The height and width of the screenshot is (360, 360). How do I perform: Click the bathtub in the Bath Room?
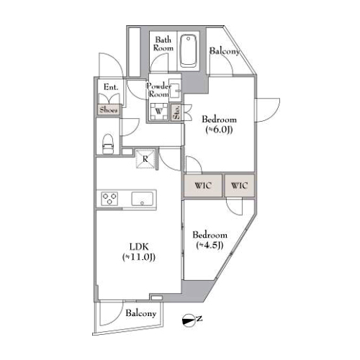coord(189,51)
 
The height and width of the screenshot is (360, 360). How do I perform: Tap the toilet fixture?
coord(108,144)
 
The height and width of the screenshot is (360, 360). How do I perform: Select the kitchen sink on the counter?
coord(142,199)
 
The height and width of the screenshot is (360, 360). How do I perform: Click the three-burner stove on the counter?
coord(109,199)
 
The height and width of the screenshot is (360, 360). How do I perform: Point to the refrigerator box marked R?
coord(145,159)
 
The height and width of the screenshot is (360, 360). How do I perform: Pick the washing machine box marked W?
coord(158,112)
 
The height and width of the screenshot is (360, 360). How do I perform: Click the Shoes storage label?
coord(109,110)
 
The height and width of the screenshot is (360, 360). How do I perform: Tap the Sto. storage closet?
coord(177,112)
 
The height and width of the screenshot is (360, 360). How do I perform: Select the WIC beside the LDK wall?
coord(203,185)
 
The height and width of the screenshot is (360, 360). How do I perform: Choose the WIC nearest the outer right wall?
coord(239,185)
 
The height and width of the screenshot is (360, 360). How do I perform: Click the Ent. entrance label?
coord(111,87)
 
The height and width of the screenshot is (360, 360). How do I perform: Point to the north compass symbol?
coord(189,320)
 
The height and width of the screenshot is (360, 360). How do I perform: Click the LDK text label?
coord(139,247)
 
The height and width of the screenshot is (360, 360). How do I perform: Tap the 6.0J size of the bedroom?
coord(219,130)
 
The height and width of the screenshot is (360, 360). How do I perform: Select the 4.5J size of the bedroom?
coord(210,246)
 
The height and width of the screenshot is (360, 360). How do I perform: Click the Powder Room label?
coord(158,90)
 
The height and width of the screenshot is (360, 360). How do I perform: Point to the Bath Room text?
coord(163,44)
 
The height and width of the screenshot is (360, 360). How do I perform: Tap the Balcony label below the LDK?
coord(141,313)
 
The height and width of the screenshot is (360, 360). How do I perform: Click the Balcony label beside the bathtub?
coord(225,51)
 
